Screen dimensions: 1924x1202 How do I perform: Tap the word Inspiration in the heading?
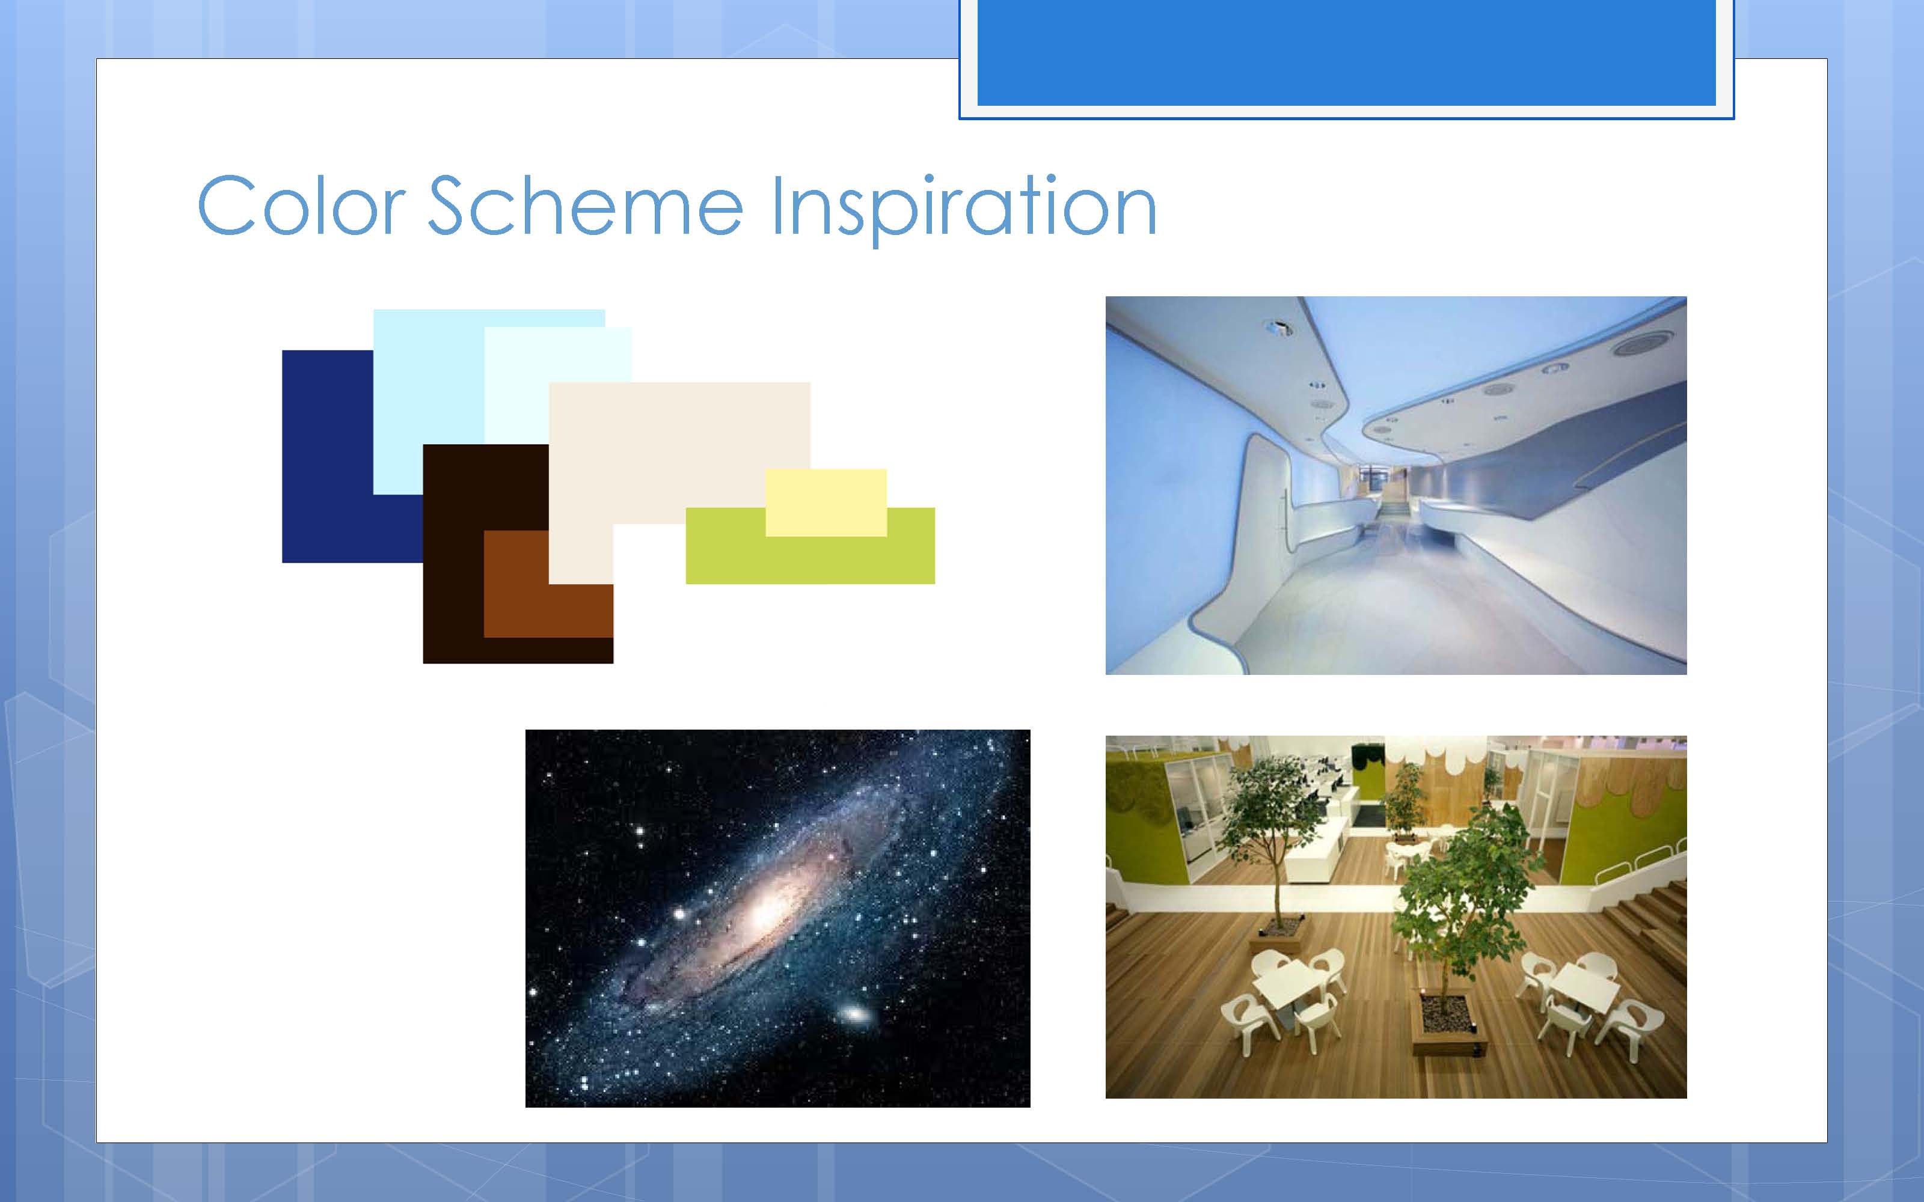click(964, 209)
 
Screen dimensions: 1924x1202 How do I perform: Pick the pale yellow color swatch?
click(826, 502)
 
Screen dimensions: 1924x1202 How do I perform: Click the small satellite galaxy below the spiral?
click(854, 1014)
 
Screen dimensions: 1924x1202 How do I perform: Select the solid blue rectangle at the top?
click(1347, 52)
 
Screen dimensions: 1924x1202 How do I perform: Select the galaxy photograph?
click(777, 918)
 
